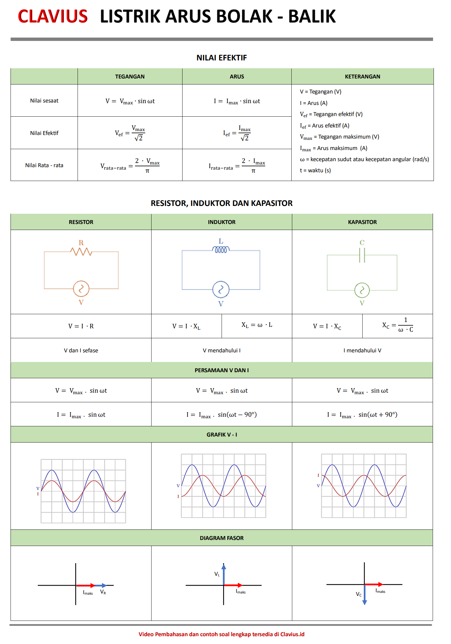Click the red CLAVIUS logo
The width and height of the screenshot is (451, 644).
(53, 16)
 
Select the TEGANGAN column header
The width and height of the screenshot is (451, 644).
(130, 77)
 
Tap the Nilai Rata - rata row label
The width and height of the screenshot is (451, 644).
(44, 165)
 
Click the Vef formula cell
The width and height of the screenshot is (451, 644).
(130, 133)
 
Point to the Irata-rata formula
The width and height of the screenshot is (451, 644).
(237, 165)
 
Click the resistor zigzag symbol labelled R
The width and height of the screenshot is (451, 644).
(81, 251)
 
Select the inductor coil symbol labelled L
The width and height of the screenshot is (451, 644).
(221, 250)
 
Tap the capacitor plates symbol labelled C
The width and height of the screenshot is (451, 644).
(362, 255)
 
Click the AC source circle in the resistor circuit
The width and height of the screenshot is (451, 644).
(81, 289)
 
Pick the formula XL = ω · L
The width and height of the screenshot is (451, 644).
(257, 325)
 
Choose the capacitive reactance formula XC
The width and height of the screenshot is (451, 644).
(397, 325)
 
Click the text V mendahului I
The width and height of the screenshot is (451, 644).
(222, 351)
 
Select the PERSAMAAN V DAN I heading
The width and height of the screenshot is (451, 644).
(222, 370)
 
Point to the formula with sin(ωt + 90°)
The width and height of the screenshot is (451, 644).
(362, 415)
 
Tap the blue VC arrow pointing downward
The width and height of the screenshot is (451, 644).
(364, 595)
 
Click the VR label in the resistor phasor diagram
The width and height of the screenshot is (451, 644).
(103, 592)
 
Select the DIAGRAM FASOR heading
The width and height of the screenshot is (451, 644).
(222, 538)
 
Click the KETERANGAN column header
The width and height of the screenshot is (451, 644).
(362, 77)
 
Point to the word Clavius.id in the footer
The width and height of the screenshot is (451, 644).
(292, 634)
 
